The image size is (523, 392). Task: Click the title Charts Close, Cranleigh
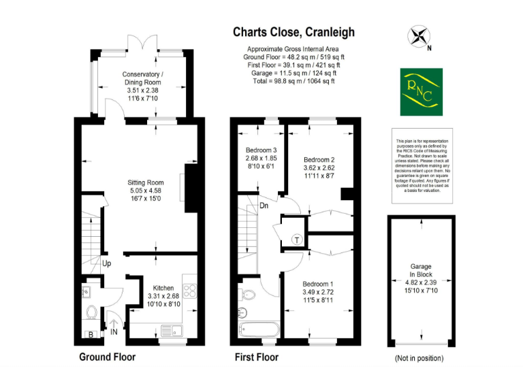click(294, 32)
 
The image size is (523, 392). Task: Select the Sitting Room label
click(146, 191)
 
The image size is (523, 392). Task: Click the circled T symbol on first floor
click(298, 239)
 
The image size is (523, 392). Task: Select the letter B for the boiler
click(91, 334)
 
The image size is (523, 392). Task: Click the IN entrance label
click(114, 331)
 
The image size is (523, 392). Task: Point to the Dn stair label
click(263, 207)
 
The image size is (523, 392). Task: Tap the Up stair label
click(106, 263)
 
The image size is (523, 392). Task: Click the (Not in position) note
click(419, 358)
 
